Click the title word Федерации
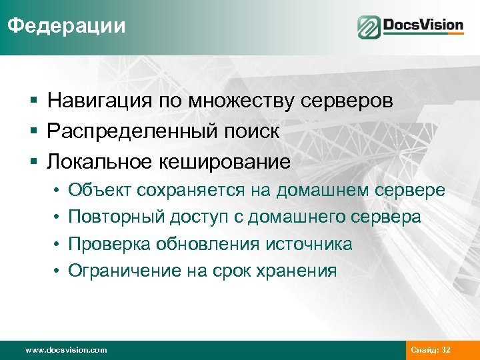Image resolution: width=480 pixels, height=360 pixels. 66,26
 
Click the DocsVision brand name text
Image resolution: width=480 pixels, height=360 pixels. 423,26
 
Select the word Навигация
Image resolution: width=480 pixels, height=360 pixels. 96,101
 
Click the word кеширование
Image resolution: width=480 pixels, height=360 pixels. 225,161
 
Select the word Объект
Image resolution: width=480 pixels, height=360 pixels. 100,191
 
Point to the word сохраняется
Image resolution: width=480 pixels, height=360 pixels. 191,191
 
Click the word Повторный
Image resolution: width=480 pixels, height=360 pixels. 115,217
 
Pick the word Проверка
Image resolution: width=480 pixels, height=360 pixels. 109,244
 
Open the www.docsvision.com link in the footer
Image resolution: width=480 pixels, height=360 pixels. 65,350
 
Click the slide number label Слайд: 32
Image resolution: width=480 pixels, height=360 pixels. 431,350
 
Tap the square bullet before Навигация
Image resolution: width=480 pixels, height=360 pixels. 33,102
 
